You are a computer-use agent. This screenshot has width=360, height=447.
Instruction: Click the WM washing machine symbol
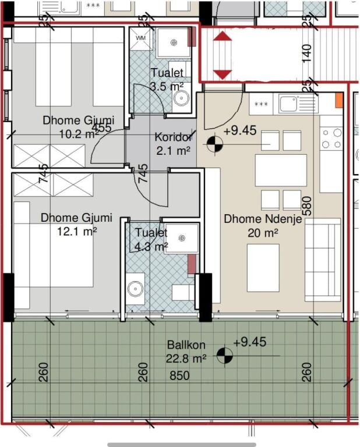tap(140, 38)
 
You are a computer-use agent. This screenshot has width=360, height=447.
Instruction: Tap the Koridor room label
tap(173, 137)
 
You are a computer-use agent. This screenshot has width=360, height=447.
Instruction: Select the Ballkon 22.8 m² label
tap(186, 352)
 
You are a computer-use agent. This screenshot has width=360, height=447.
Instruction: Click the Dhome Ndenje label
tap(263, 219)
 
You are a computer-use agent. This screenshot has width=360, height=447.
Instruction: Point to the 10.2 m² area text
tap(79, 133)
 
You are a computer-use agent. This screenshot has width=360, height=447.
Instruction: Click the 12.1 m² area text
tap(77, 231)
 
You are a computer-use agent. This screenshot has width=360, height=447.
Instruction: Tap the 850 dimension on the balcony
tap(179, 375)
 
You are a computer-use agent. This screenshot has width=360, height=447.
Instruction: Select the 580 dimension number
tap(308, 206)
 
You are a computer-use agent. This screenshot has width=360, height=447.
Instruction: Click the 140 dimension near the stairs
tap(306, 54)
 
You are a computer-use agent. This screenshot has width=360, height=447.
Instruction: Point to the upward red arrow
tap(222, 36)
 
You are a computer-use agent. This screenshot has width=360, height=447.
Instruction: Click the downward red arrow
tap(222, 74)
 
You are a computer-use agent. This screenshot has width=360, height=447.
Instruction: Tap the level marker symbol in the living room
tap(214, 144)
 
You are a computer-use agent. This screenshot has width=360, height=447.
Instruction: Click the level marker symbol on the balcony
tap(225, 356)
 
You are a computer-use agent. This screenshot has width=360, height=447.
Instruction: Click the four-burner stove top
tap(332, 139)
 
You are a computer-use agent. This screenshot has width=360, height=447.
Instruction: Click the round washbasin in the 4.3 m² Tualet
tap(135, 289)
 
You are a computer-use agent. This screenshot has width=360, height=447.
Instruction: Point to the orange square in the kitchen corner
tap(339, 101)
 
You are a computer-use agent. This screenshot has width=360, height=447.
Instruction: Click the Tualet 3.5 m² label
tap(167, 79)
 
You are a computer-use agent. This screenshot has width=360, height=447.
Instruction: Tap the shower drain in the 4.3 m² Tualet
tap(182, 237)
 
